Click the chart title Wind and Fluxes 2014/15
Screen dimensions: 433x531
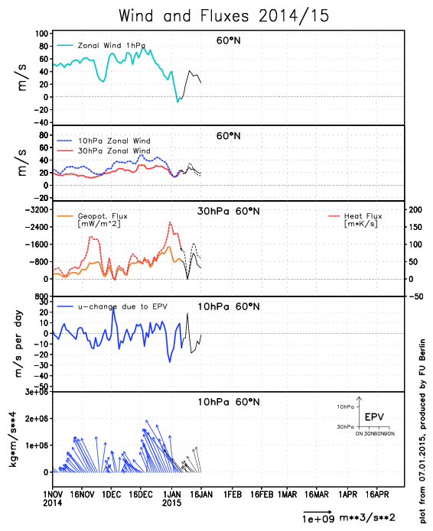point(224,16)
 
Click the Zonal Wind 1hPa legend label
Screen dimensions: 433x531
point(112,45)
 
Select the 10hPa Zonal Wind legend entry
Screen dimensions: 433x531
point(114,141)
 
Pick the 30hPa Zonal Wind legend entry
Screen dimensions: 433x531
point(114,151)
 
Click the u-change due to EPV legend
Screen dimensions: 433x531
point(122,306)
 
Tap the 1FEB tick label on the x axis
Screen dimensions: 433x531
point(233,495)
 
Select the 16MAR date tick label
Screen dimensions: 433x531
point(317,495)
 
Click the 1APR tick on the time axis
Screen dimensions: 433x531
point(348,495)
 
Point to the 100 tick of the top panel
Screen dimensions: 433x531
point(41,34)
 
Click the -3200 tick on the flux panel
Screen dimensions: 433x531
point(37,209)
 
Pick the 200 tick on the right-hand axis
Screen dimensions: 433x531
point(415,209)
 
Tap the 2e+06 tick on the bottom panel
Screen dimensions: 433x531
point(37,419)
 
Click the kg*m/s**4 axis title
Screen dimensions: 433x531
point(12,439)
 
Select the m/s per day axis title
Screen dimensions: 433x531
point(18,344)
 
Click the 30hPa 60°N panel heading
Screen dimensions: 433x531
point(229,212)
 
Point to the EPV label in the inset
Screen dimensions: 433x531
point(374,417)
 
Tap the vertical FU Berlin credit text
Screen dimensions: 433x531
point(422,431)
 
